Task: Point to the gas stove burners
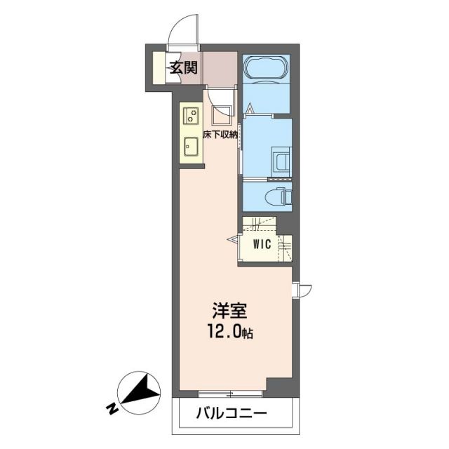pyautogui.click(x=190, y=115)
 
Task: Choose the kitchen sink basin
pyautogui.click(x=190, y=147)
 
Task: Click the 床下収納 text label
pyautogui.click(x=220, y=134)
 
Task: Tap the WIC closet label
pyautogui.click(x=262, y=244)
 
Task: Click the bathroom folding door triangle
pyautogui.click(x=251, y=108)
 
